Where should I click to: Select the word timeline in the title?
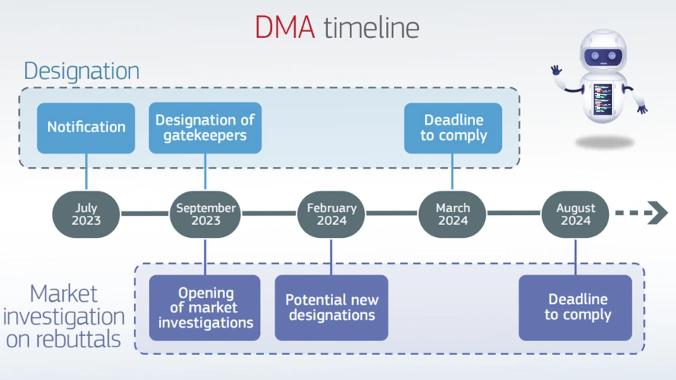coord(371,27)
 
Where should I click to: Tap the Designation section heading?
coord(81,71)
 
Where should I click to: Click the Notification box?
coord(86,127)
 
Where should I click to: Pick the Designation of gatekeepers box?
coord(205,128)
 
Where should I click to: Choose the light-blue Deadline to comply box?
coord(452,128)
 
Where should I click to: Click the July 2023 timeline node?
coord(86,214)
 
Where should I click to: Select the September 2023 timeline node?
coord(205,214)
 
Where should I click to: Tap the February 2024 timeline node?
coord(331,214)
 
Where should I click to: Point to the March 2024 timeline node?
coord(452,214)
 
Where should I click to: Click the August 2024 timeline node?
coord(575,214)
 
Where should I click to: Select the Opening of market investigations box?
coord(205,307)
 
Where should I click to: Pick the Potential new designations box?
coord(332,307)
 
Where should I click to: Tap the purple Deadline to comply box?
coord(576,307)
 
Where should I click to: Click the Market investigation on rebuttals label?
coord(65,316)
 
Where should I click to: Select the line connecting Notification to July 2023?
coord(86,171)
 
